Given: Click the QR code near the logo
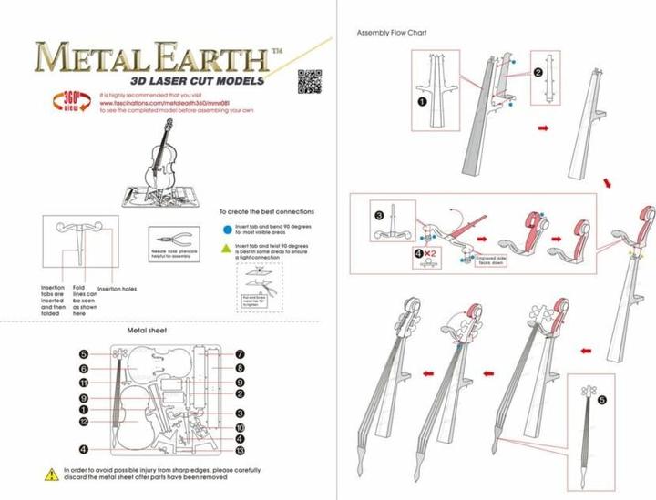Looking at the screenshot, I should coord(311,80).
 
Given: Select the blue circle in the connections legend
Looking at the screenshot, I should coord(226,227).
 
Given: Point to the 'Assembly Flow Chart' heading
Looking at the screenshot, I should coord(392,33).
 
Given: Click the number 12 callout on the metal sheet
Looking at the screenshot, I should coord(83,422).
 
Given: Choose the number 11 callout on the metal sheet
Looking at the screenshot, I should coord(83,383).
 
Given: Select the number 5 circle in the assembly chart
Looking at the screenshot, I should coord(601,399).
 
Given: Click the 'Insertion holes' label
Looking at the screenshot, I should coord(117,289).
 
